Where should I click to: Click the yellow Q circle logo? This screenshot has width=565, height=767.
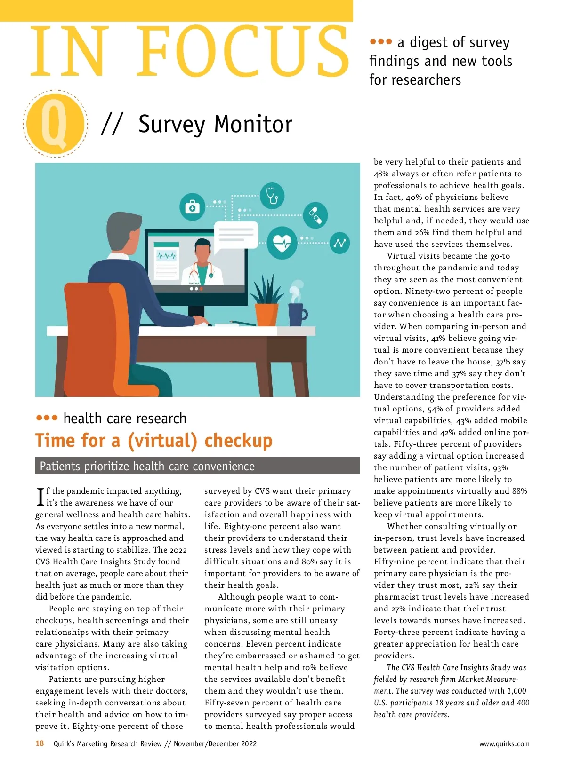coord(56,123)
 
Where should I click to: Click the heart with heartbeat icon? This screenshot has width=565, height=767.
coord(282,243)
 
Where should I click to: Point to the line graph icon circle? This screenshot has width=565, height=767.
coord(339,243)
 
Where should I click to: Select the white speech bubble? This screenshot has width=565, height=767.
coord(236,233)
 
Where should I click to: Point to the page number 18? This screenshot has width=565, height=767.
coord(40,743)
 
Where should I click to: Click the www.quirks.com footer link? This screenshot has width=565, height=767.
coord(504,744)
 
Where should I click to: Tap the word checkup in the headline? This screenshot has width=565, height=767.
coord(238,441)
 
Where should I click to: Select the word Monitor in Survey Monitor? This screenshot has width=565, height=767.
coord(253,125)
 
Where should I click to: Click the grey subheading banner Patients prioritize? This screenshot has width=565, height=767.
coord(197,466)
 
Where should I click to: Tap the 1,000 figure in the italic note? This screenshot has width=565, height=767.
coord(517,691)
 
